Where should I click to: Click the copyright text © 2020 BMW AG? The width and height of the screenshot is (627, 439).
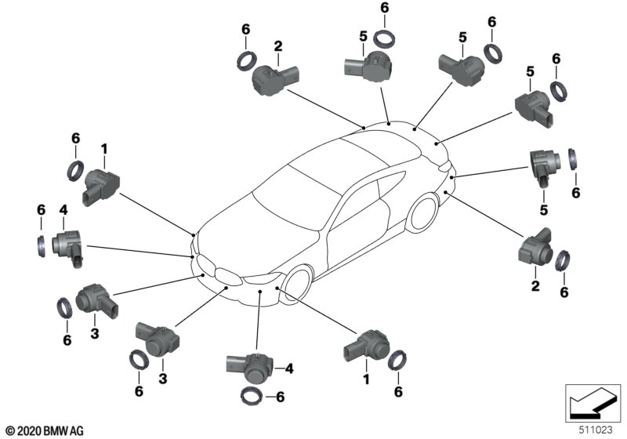pos(44,430)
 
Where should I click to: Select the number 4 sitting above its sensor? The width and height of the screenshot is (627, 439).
pos(62,209)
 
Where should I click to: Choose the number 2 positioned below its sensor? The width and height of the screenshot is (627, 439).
pos(536,287)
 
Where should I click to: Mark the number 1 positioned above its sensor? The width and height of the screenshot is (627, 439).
pos(103,147)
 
